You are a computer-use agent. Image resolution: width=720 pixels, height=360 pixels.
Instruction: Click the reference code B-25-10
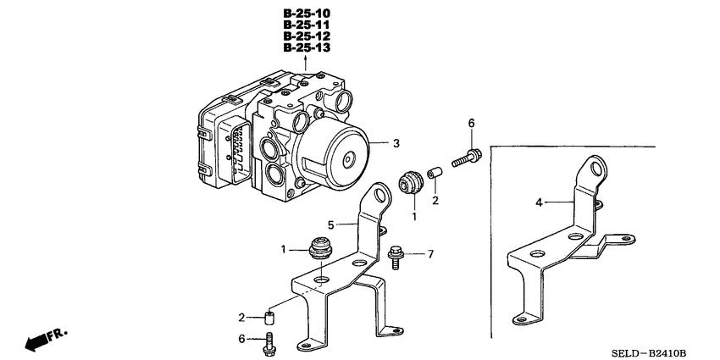pos(306,14)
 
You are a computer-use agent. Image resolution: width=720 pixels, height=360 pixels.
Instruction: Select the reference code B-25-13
pos(306,48)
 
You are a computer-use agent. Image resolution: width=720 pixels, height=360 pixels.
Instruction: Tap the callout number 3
pos(396,144)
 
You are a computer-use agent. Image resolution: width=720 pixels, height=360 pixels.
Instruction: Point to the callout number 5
pos(332,225)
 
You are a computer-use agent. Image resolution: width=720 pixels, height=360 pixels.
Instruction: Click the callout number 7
pos(431,254)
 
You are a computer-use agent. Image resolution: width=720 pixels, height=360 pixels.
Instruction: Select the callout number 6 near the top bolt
pos(473,124)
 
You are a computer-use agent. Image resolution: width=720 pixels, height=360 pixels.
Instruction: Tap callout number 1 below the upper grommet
pos(414,217)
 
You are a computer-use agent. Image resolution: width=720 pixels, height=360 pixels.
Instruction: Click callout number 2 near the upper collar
pos(435,201)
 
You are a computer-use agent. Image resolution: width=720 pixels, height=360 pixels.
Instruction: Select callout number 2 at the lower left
pos(241,318)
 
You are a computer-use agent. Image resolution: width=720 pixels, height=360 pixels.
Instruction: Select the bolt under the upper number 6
pos(465,158)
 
